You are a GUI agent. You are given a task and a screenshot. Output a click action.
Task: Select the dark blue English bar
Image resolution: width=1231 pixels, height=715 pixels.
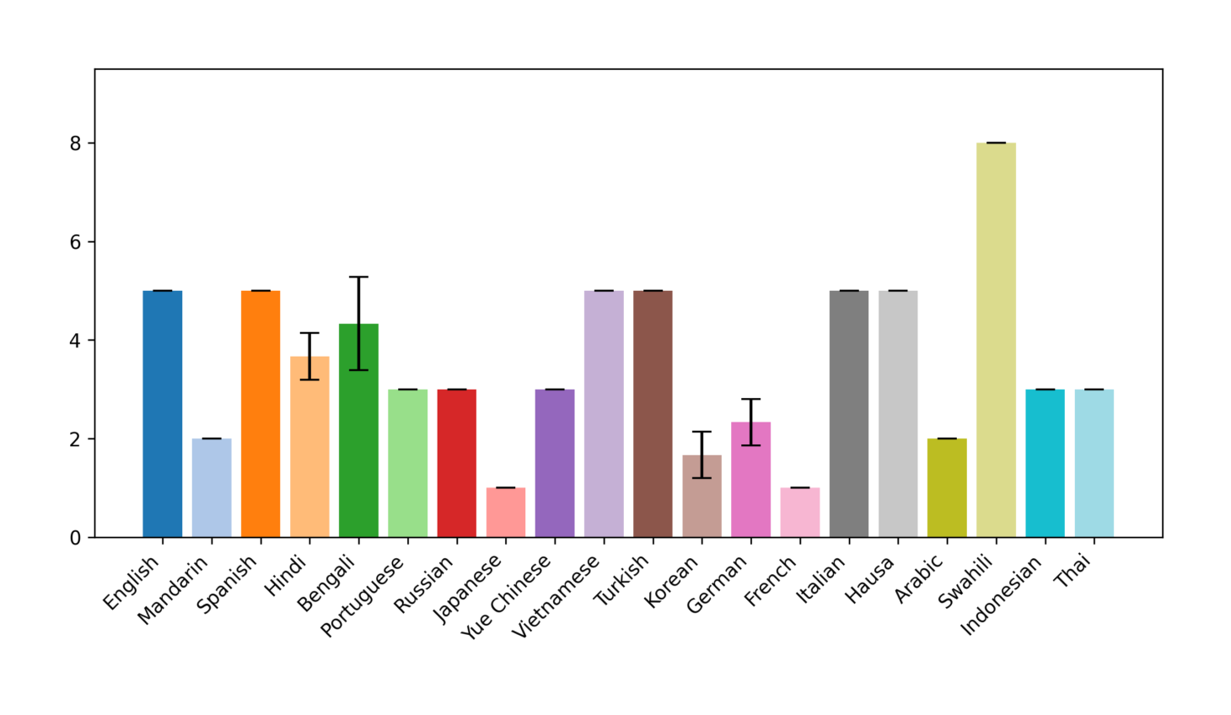point(163,414)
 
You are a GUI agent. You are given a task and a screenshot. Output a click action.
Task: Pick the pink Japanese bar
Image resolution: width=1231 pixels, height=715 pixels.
point(506,512)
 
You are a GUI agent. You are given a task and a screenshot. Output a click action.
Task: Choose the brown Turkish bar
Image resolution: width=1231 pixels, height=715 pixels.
point(653,414)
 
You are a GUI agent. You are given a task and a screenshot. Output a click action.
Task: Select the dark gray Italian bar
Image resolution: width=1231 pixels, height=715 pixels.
point(849,414)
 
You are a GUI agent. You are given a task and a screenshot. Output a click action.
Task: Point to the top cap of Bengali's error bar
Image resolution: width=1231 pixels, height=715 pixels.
point(359,277)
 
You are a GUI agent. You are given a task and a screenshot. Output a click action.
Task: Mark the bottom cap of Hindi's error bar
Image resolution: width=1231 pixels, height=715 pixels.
point(309,379)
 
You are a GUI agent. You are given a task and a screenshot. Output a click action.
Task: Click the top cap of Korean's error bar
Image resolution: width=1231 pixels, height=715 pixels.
point(702,432)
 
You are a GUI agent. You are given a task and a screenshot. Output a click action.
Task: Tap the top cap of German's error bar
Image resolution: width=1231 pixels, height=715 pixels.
point(750,399)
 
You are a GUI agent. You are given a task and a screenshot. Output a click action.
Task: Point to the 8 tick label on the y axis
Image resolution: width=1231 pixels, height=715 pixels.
point(76,143)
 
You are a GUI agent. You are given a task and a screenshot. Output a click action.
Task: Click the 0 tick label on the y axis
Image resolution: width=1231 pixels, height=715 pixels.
point(76,538)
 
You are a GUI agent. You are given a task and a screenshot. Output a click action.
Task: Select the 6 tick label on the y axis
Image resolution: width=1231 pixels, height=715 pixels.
point(76,242)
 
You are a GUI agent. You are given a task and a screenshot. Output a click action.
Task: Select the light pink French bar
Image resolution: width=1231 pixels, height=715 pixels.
point(800,512)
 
